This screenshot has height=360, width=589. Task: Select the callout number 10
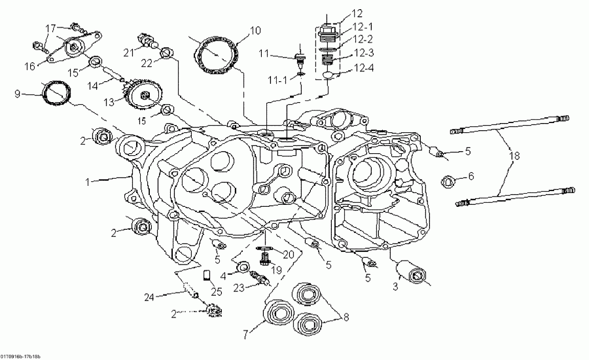[255, 30]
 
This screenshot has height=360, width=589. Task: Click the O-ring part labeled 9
[55, 92]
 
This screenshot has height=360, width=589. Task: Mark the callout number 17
[51, 27]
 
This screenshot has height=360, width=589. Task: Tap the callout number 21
[129, 51]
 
